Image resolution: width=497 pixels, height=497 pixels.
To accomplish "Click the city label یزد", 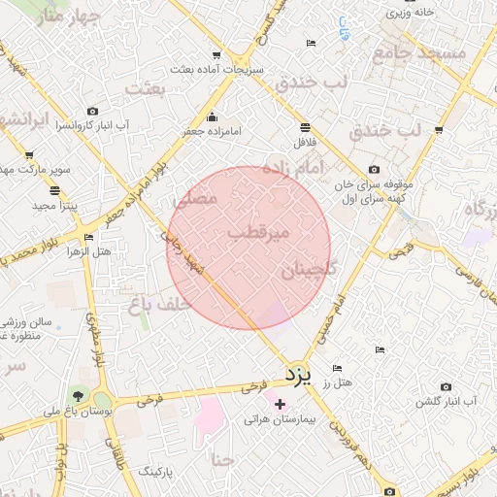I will [x=296, y=375].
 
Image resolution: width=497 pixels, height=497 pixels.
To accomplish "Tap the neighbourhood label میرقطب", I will [x=257, y=234].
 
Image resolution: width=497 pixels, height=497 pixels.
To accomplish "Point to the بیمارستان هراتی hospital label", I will [x=281, y=419].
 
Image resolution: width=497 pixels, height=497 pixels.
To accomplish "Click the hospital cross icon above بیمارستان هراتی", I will [x=281, y=404].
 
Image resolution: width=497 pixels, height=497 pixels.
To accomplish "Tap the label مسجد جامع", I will [x=426, y=53].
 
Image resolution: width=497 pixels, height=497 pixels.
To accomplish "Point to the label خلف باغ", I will [x=155, y=305].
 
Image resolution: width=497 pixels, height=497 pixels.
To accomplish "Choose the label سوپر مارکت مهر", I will [x=39, y=170].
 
